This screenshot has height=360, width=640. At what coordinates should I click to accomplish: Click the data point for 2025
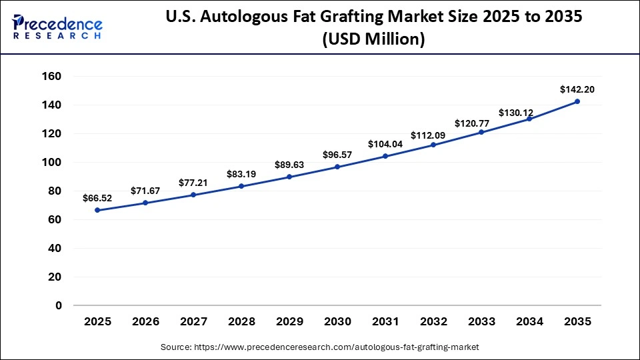pyautogui.click(x=97, y=210)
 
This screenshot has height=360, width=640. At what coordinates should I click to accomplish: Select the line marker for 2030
pyautogui.click(x=337, y=167)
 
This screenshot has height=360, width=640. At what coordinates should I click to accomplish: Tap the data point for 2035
pyautogui.click(x=577, y=101)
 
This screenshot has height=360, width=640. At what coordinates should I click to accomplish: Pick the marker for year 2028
pyautogui.click(x=241, y=186)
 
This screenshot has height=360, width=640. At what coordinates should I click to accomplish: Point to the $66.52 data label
pyautogui.click(x=97, y=198)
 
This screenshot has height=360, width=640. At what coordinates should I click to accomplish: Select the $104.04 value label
pyautogui.click(x=385, y=144)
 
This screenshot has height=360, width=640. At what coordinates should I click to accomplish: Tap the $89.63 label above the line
pyautogui.click(x=289, y=165)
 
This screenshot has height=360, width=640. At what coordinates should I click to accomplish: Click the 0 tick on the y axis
pyautogui.click(x=58, y=305)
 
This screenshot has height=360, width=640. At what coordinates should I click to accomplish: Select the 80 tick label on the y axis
pyautogui.click(x=54, y=191)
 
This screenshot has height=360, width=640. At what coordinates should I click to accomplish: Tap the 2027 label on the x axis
pyautogui.click(x=193, y=322)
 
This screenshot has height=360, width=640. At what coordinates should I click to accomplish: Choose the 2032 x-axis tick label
pyautogui.click(x=433, y=322)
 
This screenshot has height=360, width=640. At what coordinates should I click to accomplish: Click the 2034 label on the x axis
pyautogui.click(x=529, y=322)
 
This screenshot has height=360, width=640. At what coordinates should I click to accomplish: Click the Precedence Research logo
pyautogui.click(x=57, y=27)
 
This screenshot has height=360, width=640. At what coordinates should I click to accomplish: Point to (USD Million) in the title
pyautogui.click(x=373, y=40)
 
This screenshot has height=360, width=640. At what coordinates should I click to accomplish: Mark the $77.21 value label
pyautogui.click(x=193, y=182)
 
